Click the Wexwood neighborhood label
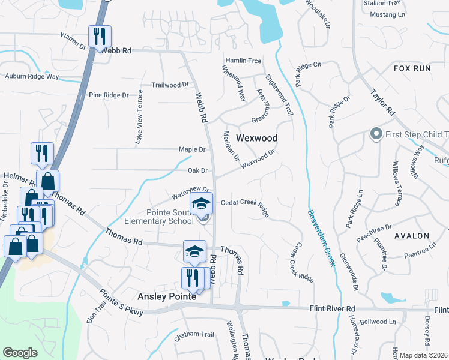click(x=256, y=138)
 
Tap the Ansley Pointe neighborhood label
click(x=167, y=296)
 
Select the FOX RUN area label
click(x=412, y=68)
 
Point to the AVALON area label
click(x=412, y=236)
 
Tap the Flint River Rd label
click(x=333, y=308)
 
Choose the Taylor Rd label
click(x=382, y=103)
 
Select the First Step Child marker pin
click(x=376, y=133)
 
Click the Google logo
click(x=20, y=353)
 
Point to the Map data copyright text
click(x=424, y=355)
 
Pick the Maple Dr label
click(x=192, y=149)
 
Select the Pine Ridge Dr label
click(x=109, y=95)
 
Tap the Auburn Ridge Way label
click(x=32, y=77)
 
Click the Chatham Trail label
click(x=194, y=335)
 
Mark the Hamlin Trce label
click(x=243, y=61)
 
